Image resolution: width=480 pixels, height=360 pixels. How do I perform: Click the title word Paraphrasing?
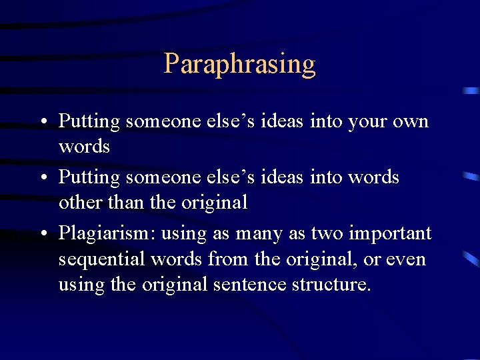coord(239,65)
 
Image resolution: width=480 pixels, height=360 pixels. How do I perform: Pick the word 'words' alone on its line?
coord(84,146)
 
